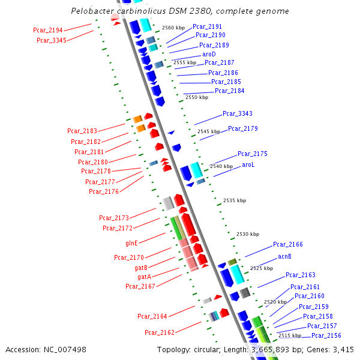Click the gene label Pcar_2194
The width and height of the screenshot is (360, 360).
[x=48, y=30]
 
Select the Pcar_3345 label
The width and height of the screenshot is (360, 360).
[x=51, y=40]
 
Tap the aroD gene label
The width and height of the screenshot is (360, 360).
[x=209, y=54]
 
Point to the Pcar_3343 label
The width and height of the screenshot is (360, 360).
[x=238, y=113]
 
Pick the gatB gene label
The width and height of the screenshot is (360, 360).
[x=142, y=268]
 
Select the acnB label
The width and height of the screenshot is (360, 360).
[x=284, y=256]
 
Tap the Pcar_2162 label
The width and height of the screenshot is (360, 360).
[x=160, y=332]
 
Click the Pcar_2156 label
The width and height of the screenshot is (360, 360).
[x=326, y=335]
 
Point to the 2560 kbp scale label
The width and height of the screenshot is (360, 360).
[x=173, y=28]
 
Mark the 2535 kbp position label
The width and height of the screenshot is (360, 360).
[x=235, y=200]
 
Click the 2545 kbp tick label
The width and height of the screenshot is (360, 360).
[x=209, y=131]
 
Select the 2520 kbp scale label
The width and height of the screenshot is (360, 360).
[x=275, y=302]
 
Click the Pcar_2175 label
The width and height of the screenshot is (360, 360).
[x=253, y=154]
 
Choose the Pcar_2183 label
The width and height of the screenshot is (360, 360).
[x=82, y=130]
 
